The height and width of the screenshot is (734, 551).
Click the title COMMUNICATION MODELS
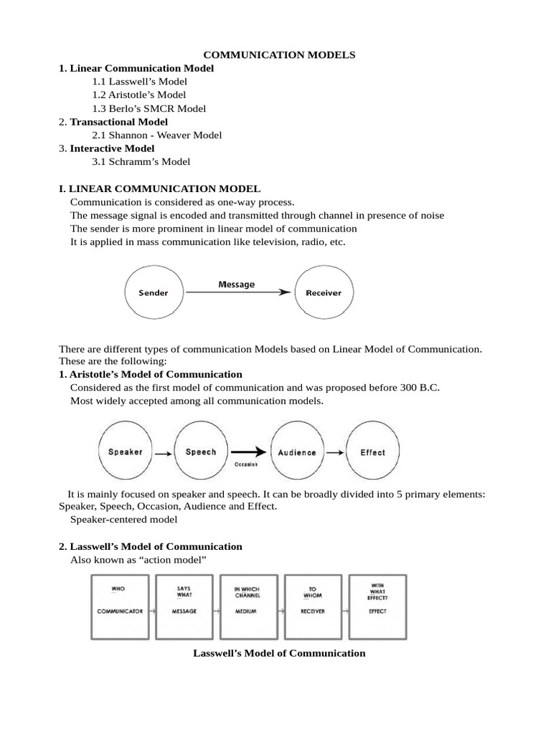(x=280, y=54)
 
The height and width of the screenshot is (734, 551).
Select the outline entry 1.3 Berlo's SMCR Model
(x=149, y=108)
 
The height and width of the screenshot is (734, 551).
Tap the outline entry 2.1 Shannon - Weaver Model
(x=156, y=135)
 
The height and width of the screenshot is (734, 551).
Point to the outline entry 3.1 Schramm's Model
(x=141, y=161)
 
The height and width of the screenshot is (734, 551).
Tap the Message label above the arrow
(x=236, y=285)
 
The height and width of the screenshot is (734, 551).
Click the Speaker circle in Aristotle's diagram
(x=126, y=452)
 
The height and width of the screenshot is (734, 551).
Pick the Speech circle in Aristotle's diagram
(x=201, y=452)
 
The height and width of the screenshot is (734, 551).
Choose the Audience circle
(x=296, y=452)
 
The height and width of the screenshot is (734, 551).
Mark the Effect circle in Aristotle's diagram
(x=372, y=452)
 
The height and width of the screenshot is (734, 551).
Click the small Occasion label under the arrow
(x=245, y=464)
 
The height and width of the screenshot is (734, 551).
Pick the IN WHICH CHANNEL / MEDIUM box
(x=248, y=606)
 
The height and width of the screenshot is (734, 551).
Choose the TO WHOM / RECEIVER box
(x=312, y=606)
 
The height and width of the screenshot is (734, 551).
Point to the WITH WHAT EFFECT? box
(x=377, y=606)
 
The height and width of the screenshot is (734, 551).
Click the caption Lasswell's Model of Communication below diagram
(x=280, y=653)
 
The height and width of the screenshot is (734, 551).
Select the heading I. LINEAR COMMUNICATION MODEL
(x=159, y=189)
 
